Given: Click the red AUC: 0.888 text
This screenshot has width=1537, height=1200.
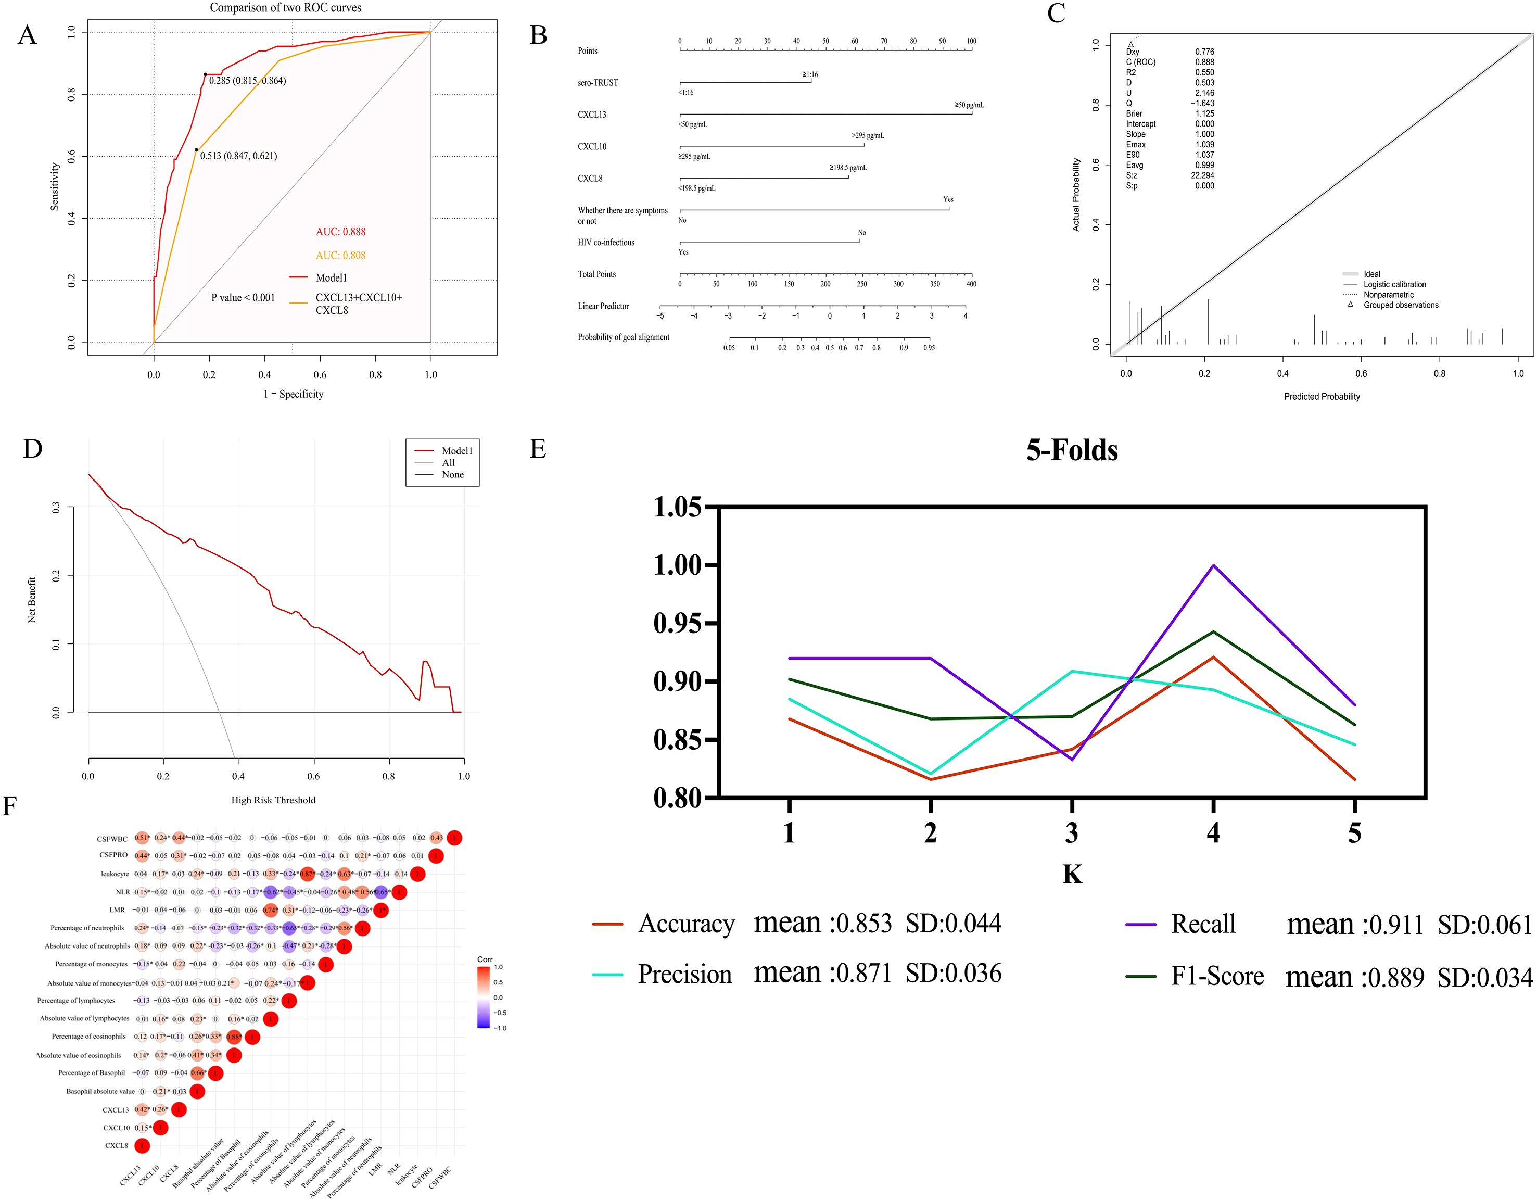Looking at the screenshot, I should tap(340, 232).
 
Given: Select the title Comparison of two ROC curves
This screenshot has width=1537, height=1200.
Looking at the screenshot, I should tap(285, 8).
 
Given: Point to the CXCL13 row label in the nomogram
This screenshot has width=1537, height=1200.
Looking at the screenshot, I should tap(592, 115).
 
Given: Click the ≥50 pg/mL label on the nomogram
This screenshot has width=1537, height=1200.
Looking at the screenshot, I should tap(969, 105).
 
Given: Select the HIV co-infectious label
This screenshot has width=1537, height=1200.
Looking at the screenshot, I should tap(606, 243).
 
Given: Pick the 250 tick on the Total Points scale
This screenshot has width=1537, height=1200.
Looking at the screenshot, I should tap(861, 284).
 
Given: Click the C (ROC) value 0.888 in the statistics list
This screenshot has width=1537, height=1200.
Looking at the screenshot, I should tap(1204, 62).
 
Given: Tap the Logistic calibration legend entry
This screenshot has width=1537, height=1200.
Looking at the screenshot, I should tap(1394, 284).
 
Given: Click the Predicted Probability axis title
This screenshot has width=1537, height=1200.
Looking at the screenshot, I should tap(1322, 396).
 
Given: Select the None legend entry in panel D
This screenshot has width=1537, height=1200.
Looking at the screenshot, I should tap(452, 474).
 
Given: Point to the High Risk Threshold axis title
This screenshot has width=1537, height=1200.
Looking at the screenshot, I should tap(273, 800).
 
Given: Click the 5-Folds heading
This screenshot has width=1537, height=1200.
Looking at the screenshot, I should tap(1071, 450).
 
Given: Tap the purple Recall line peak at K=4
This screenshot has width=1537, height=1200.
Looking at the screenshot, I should tap(1213, 565).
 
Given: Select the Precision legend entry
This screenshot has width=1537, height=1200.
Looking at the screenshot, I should tap(684, 974).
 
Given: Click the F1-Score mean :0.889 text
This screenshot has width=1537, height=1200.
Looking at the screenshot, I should tap(1355, 977).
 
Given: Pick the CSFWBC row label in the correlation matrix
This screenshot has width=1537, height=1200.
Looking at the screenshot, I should tap(112, 839).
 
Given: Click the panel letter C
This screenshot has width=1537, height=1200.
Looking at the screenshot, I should tap(1056, 14).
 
